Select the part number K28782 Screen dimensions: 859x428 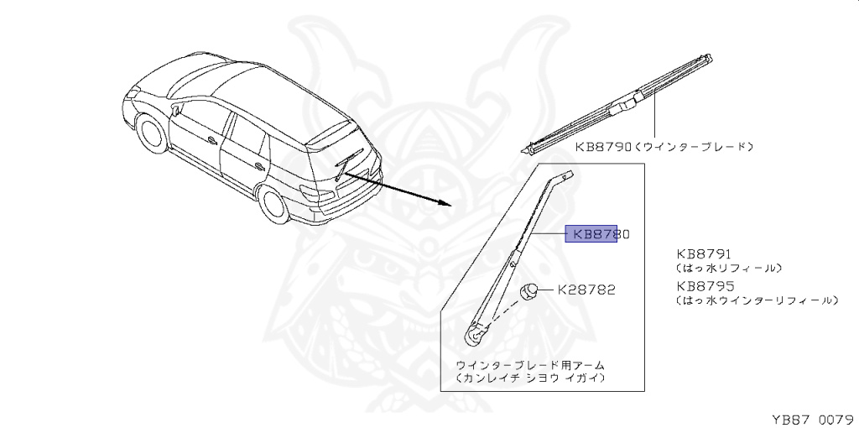point(586,290)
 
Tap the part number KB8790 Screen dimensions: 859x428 point(603,146)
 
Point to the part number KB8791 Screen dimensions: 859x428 point(705,252)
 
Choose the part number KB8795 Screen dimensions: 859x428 point(705,285)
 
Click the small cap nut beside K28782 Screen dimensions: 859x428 point(529,291)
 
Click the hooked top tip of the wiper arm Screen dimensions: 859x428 point(567,177)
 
